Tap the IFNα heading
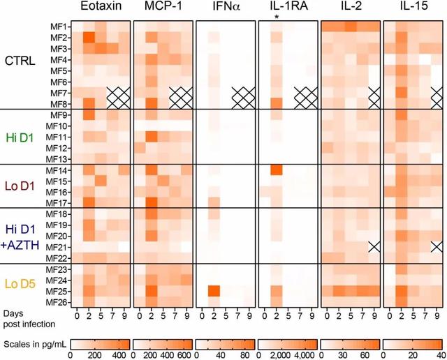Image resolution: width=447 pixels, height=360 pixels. (x=225, y=8)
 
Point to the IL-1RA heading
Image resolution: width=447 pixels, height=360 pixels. (x=288, y=8)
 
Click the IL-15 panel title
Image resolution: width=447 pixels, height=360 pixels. (x=413, y=8)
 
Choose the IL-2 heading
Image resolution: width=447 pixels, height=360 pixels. (x=351, y=8)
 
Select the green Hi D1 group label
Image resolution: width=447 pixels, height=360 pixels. (x=19, y=136)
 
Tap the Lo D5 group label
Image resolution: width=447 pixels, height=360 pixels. (x=19, y=283)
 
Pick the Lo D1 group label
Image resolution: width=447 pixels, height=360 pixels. (x=19, y=185)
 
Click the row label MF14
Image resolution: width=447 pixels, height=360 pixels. (x=58, y=170)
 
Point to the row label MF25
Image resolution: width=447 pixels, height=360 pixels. (x=58, y=290)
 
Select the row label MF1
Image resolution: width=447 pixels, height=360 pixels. (x=58, y=26)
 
